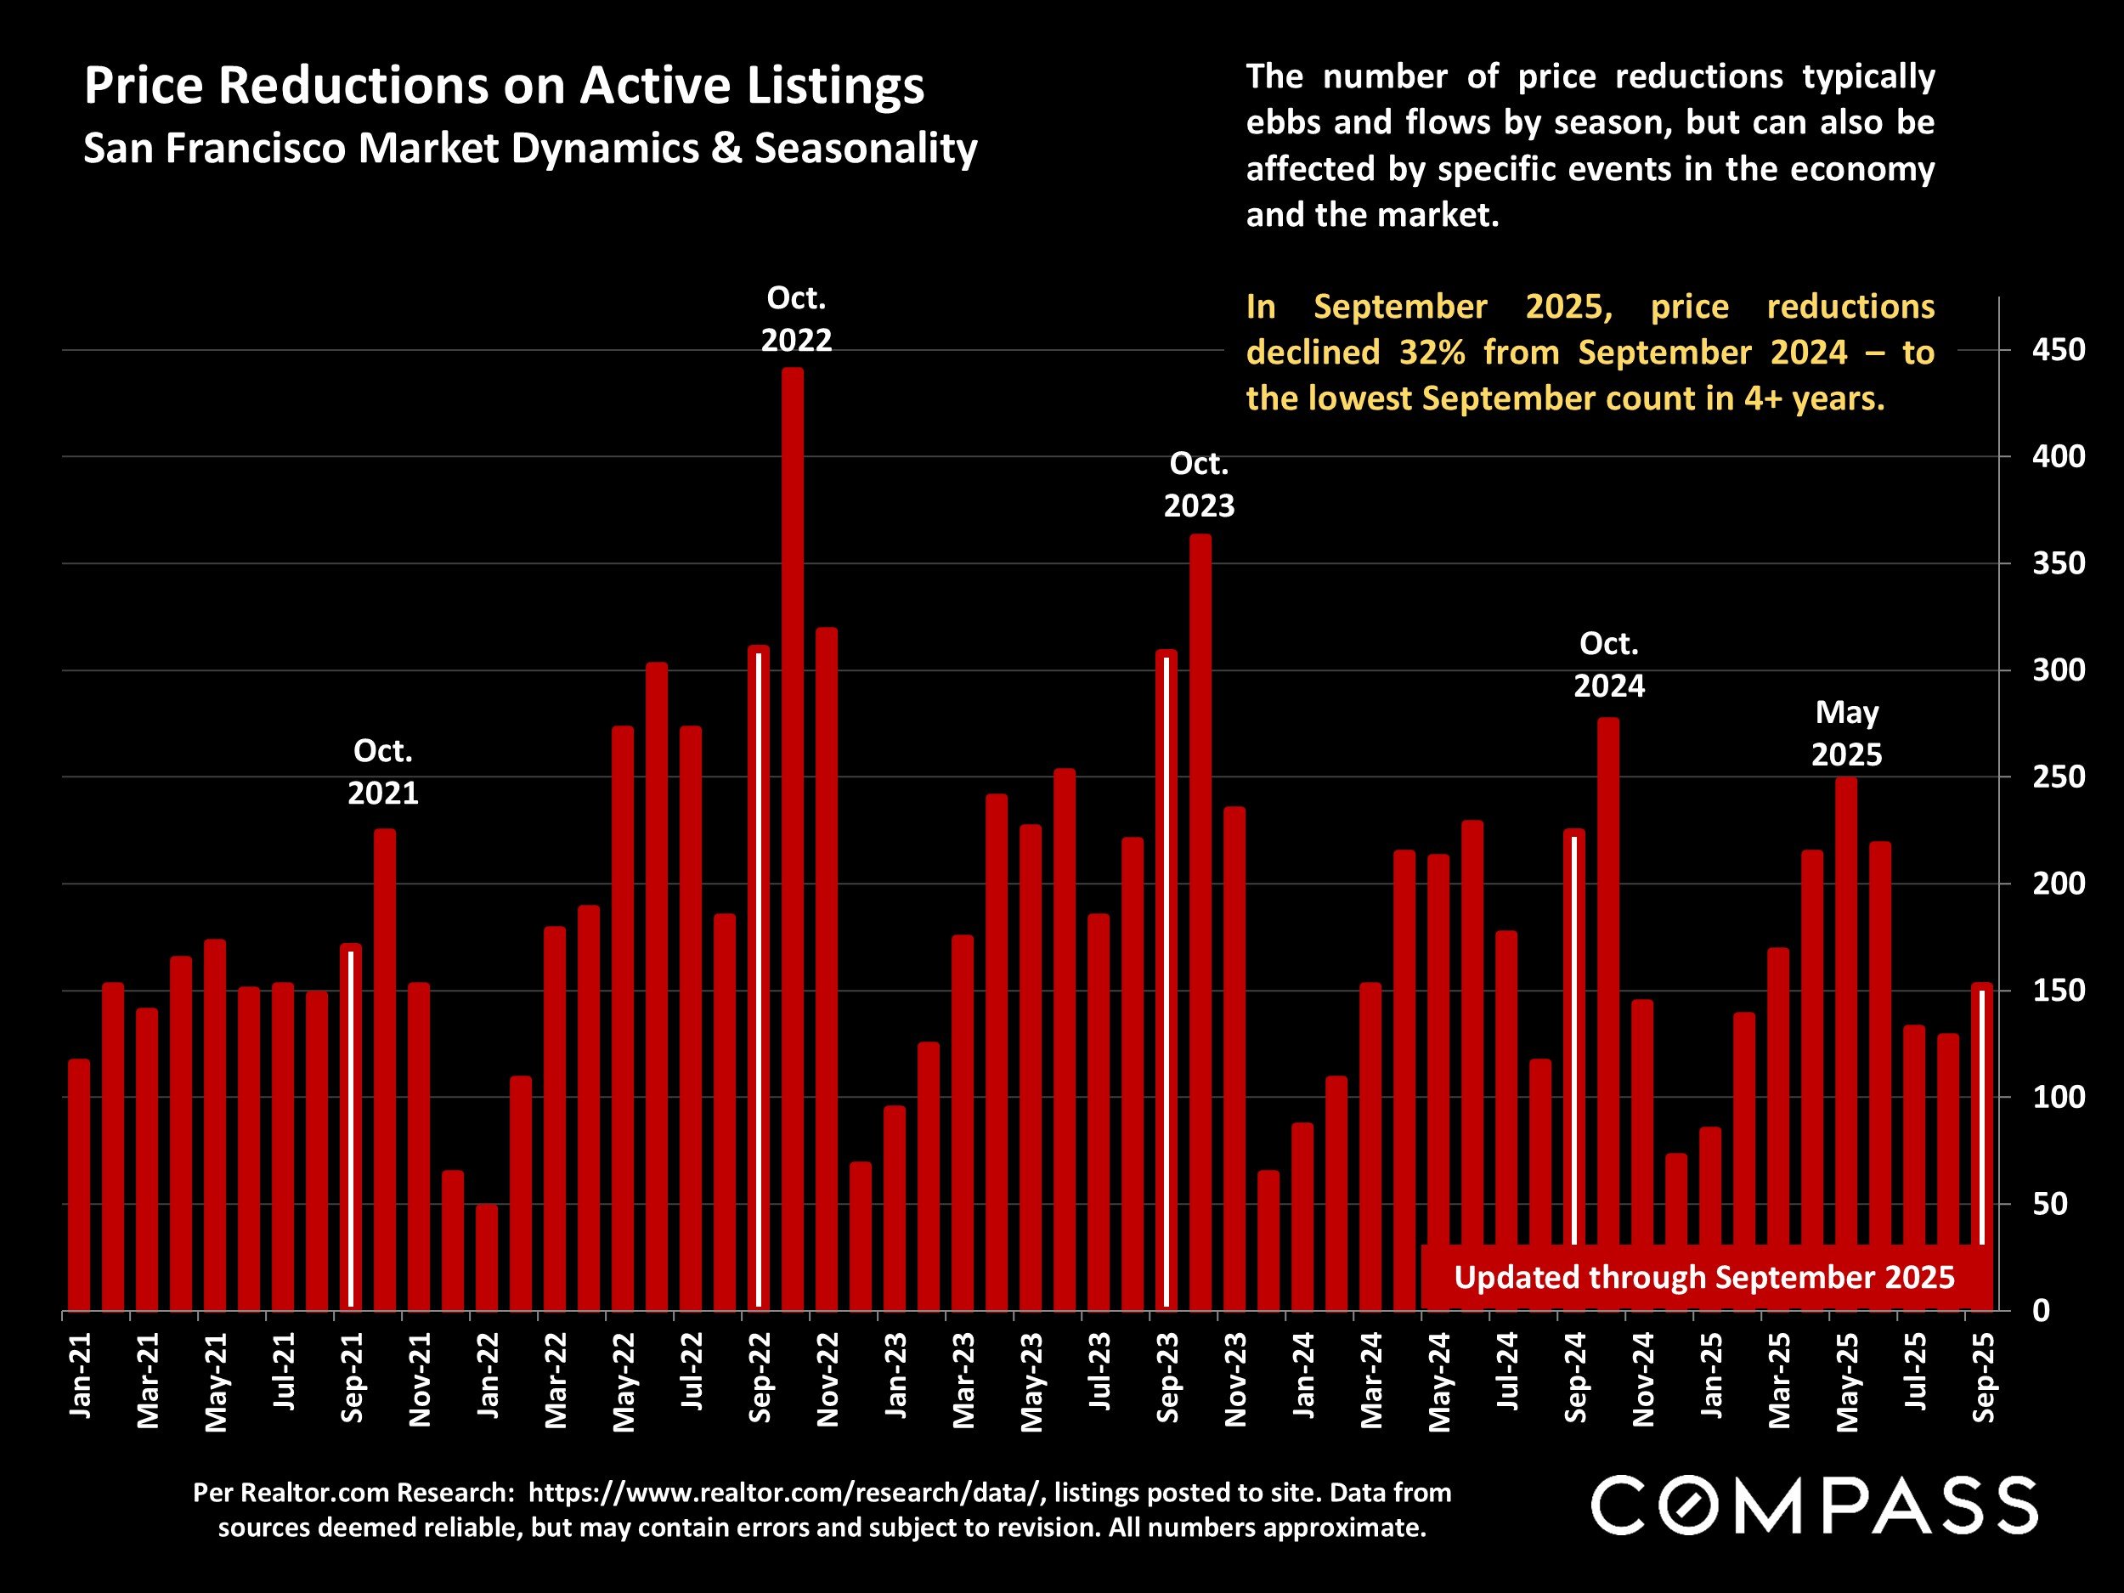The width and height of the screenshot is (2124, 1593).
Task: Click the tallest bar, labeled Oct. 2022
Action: (x=792, y=835)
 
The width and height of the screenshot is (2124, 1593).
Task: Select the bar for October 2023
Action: (x=1200, y=922)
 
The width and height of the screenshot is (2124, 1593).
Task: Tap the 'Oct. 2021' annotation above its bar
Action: (x=383, y=771)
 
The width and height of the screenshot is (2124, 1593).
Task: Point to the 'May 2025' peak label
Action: (x=1846, y=733)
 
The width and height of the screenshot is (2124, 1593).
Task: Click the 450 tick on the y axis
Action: (x=2058, y=349)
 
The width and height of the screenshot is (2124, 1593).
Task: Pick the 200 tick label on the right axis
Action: (x=2058, y=884)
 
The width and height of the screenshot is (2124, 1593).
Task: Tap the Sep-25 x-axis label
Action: (x=1982, y=1377)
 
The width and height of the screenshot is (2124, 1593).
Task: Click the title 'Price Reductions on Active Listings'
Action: (x=504, y=86)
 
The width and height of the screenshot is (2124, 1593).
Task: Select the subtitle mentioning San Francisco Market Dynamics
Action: (x=530, y=149)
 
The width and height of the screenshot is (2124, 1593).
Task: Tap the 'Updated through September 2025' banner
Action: (x=1704, y=1277)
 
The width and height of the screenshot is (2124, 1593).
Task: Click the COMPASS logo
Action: (x=1814, y=1505)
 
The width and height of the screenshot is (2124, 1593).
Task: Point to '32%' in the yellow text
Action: (x=1432, y=353)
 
